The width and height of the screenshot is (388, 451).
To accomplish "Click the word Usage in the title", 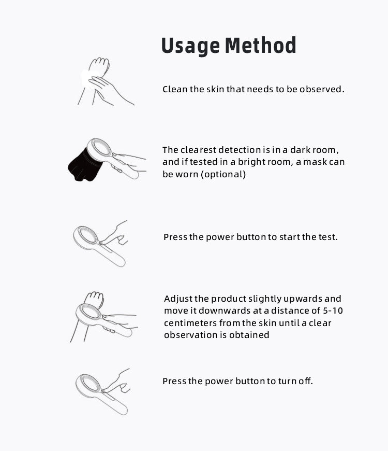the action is click(x=190, y=46).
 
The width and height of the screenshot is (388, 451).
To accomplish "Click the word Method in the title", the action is click(x=260, y=45).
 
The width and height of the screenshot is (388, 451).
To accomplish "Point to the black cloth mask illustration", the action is click(x=85, y=164).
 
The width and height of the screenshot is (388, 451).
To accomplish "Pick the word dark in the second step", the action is click(x=300, y=150).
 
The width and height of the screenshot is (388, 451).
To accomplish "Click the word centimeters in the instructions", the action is click(x=190, y=323).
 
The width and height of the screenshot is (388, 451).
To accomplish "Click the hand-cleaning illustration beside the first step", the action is click(x=106, y=82).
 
